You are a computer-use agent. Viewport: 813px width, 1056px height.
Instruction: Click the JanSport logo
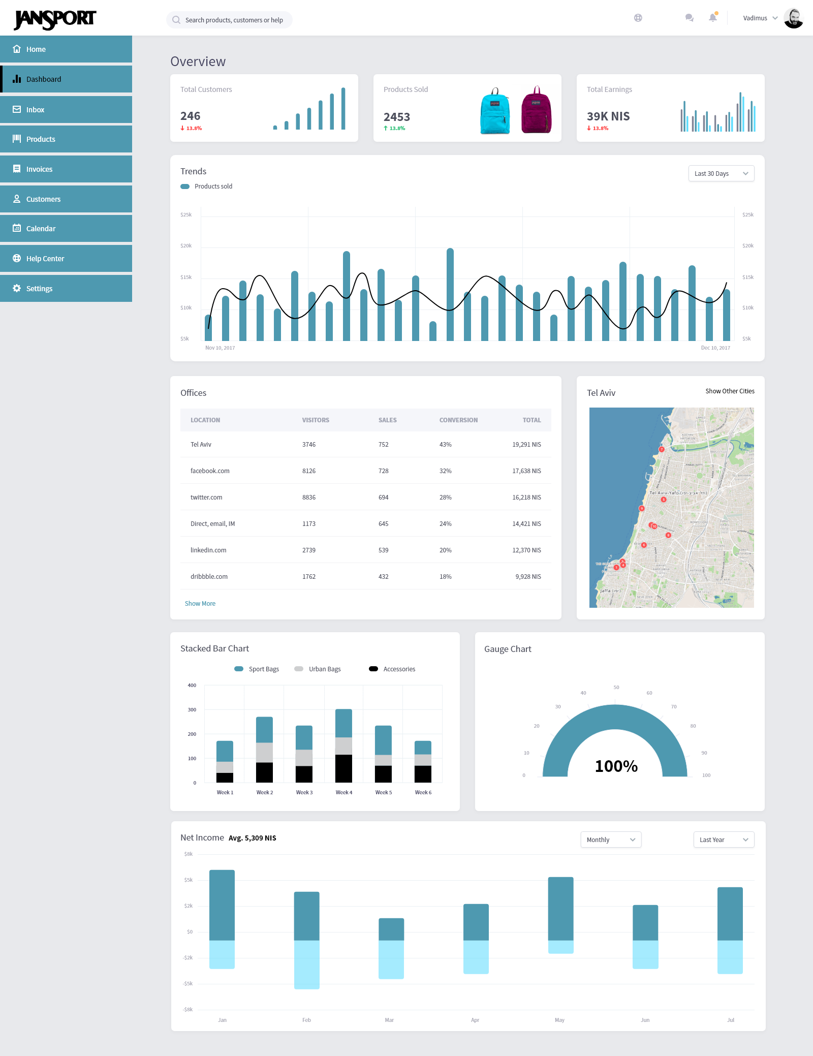(55, 19)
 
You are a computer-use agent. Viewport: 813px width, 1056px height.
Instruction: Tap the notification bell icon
(713, 18)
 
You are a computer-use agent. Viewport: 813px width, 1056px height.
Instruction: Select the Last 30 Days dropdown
(721, 174)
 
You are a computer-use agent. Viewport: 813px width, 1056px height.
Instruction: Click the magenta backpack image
(536, 110)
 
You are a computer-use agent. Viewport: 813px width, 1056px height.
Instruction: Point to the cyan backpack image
(495, 111)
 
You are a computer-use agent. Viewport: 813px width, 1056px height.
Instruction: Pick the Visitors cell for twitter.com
(309, 498)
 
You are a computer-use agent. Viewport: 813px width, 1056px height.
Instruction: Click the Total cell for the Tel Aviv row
(526, 445)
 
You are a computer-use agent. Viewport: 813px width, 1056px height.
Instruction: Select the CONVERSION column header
(458, 420)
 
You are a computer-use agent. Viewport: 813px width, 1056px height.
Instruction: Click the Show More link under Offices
(200, 604)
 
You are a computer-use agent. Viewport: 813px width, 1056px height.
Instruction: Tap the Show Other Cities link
(730, 391)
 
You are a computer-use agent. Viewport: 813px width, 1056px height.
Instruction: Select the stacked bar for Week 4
(343, 746)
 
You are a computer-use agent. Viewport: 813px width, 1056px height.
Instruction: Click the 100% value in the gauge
(616, 766)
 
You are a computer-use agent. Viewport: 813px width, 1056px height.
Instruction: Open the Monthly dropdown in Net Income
(611, 840)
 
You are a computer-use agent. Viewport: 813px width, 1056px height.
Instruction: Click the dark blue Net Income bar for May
(560, 909)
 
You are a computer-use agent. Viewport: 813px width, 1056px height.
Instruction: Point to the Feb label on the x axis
(306, 1020)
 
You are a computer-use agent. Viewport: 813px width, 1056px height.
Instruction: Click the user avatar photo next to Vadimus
(793, 18)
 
